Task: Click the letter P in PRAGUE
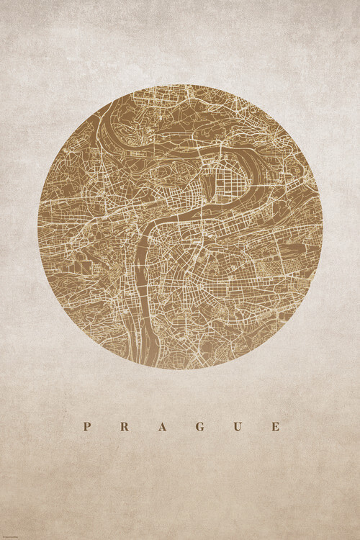point(87,426)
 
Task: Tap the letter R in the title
point(125,426)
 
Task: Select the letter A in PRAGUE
point(162,426)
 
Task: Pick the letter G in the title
point(199,426)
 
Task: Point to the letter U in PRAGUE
point(237,426)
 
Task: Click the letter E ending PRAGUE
point(274,426)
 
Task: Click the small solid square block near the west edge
point(86,266)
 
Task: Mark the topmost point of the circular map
point(180,85)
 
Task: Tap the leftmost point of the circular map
point(38,227)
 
